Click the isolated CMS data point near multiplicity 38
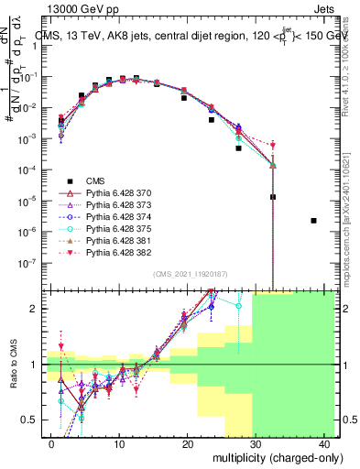pos(314,221)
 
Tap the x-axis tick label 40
pos(326,443)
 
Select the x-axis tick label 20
pos(189,443)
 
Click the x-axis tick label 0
pos(51,443)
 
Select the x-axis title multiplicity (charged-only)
pos(265,457)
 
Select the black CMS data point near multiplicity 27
pos(238,148)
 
